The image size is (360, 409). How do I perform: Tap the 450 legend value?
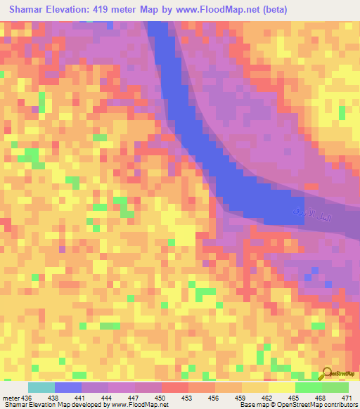click(161, 398)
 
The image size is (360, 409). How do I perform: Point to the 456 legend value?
click(214, 398)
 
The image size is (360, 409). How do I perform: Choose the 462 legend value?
click(268, 398)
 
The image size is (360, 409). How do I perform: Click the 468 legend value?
click(321, 398)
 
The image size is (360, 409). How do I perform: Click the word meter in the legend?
click(11, 398)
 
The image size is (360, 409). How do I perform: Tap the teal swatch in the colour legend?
click(41, 387)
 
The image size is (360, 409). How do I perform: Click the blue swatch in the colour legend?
click(68, 387)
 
